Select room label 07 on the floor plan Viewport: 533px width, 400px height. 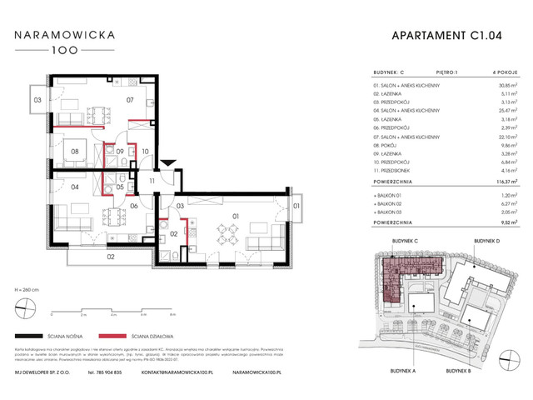(130, 101)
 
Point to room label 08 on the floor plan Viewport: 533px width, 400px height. (74, 152)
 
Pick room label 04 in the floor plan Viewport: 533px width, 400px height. (74, 187)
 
